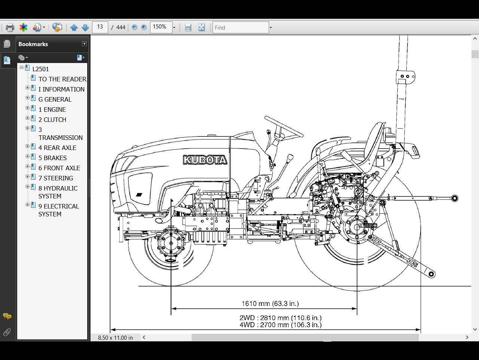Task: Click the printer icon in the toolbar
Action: tap(10, 27)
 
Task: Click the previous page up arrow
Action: tap(74, 27)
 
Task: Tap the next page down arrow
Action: tap(85, 27)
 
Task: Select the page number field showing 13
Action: tap(100, 27)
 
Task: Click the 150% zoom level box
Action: tap(161, 27)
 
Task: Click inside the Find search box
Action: tap(241, 27)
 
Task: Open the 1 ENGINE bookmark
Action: tap(52, 109)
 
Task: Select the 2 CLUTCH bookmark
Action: tap(52, 120)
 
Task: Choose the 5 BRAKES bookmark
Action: tap(53, 158)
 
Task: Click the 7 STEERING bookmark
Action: tap(56, 178)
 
